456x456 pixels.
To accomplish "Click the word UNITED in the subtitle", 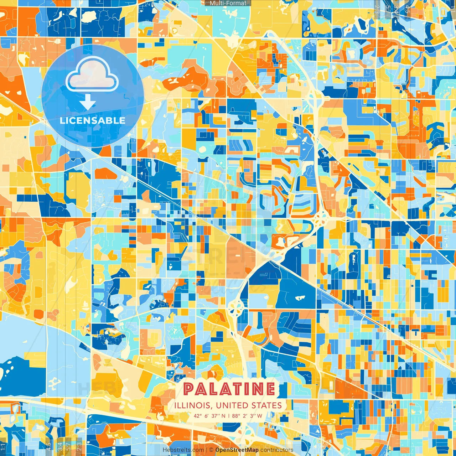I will coord(232,405).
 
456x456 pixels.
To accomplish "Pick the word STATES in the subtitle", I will coord(267,405).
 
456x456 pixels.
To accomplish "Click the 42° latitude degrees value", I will coord(198,416).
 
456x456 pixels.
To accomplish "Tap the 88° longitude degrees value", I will coord(236,416).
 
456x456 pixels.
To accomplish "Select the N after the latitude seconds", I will coord(223,416).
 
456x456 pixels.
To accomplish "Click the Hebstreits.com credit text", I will coord(183,450).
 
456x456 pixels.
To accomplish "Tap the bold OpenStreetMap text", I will coord(237,450).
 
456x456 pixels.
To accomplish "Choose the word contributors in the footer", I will coord(277,450).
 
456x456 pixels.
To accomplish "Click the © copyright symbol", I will coord(211,450).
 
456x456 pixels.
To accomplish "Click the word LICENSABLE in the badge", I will coord(93,120).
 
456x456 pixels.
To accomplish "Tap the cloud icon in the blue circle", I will coord(92,74).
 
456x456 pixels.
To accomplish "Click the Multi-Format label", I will coord(228,3).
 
